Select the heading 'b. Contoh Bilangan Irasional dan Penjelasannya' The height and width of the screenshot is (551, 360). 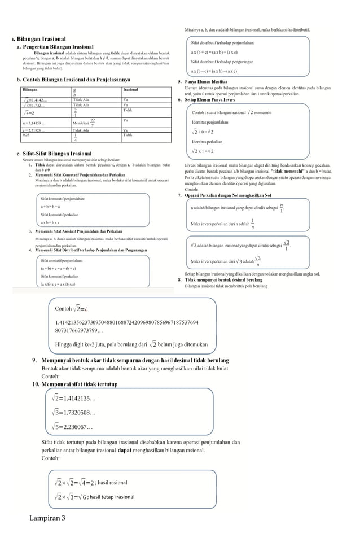point(74,80)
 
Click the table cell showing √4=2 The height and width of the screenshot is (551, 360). point(29,112)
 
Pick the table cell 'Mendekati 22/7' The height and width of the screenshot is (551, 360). point(85,123)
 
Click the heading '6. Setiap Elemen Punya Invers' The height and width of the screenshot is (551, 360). point(207,99)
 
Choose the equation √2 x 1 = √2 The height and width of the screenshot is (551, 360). point(203,151)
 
